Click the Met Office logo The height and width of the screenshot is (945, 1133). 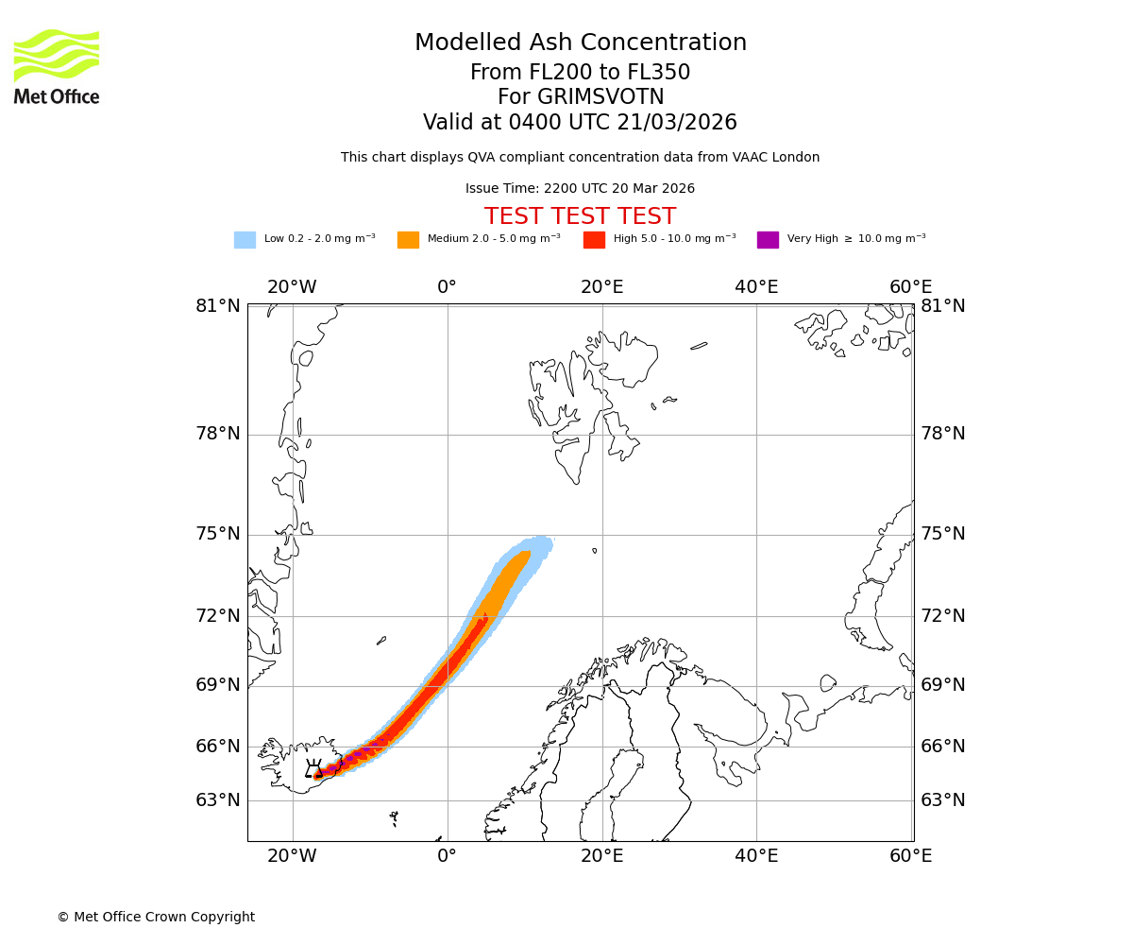click(57, 66)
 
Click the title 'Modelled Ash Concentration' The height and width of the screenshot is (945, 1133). click(581, 43)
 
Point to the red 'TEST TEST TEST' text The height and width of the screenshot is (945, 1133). click(580, 216)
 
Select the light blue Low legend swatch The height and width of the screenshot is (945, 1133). click(245, 239)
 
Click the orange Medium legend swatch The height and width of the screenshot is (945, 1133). click(408, 239)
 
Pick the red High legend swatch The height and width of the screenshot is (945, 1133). click(594, 239)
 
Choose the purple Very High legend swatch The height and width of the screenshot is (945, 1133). click(768, 239)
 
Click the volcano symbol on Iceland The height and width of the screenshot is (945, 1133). click(314, 768)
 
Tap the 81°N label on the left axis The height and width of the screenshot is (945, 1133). click(218, 306)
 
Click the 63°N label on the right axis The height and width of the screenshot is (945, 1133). click(943, 800)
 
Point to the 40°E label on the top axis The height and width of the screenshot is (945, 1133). click(756, 287)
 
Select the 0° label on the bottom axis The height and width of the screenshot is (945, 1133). click(447, 857)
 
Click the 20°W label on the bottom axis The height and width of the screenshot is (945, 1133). click(292, 857)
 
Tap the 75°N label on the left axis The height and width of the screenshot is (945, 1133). click(218, 534)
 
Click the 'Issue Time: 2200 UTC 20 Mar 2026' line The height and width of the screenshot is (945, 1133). click(580, 189)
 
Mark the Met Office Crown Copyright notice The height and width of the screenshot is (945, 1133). click(156, 918)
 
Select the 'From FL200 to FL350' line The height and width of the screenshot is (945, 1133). click(580, 73)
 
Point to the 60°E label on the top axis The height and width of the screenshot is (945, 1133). click(910, 287)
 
